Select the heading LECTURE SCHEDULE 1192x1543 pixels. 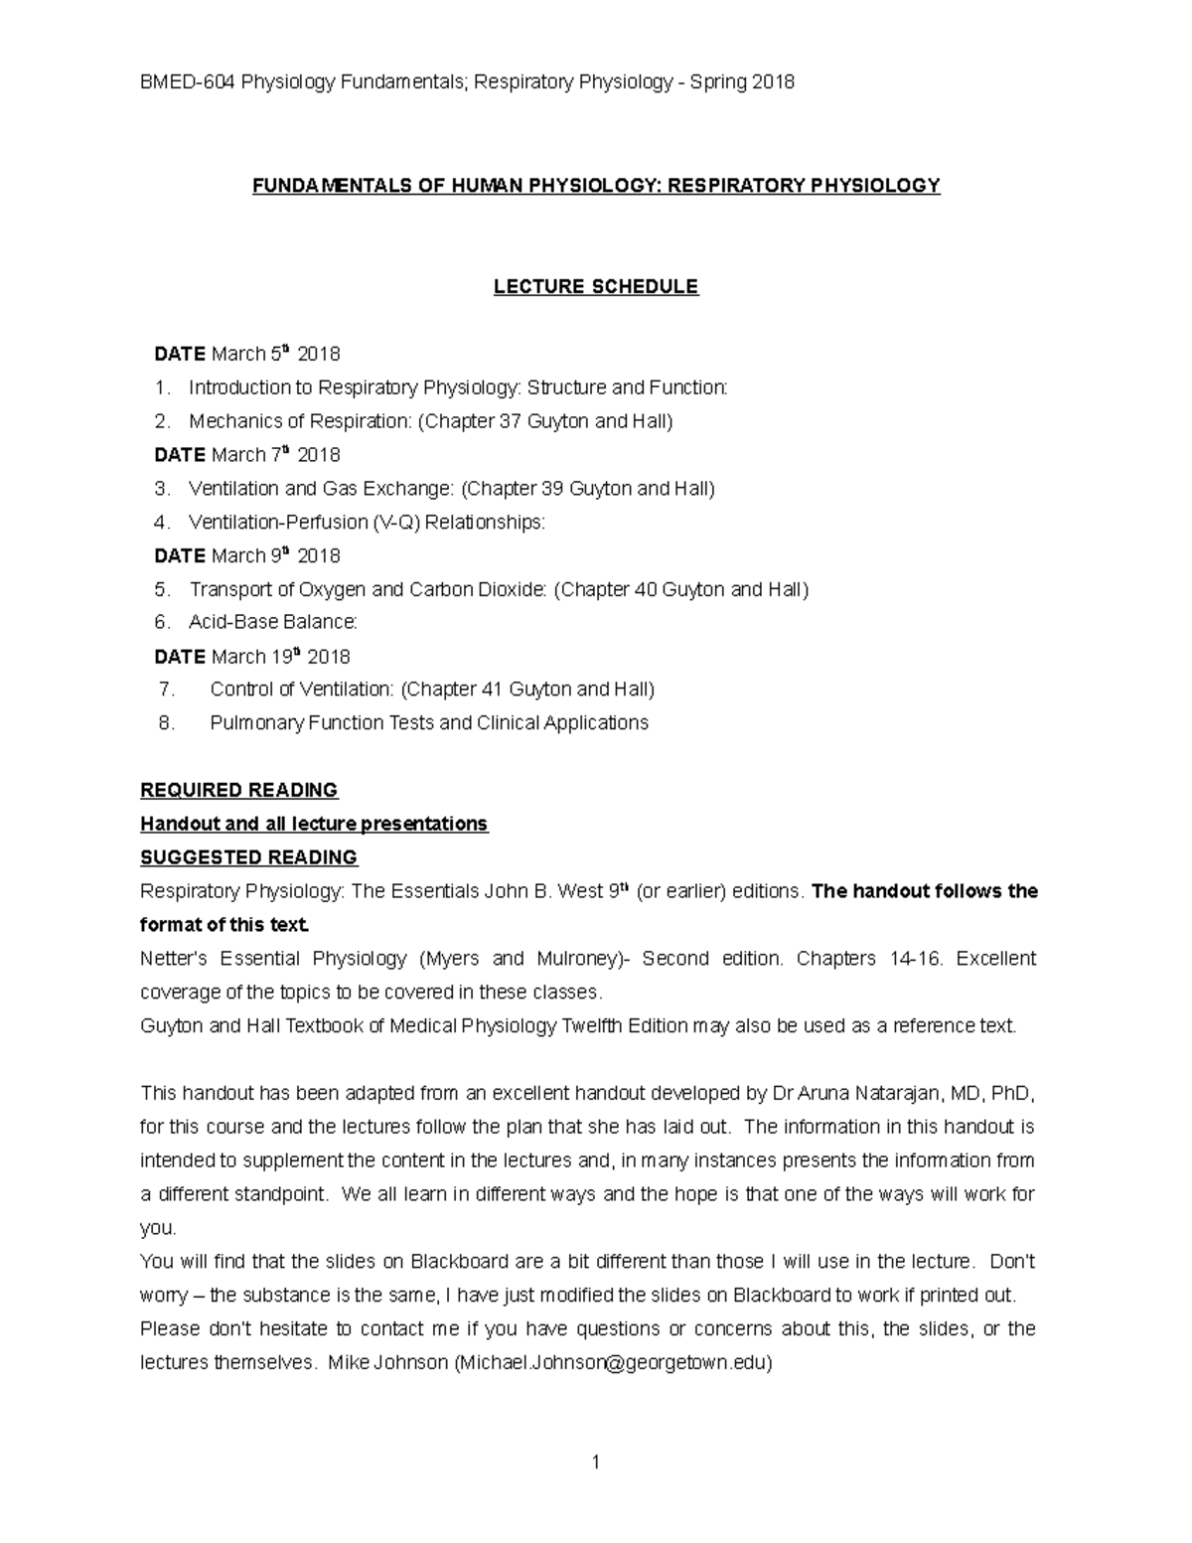click(x=596, y=287)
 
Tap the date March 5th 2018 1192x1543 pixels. click(x=275, y=355)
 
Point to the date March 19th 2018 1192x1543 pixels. click(x=280, y=657)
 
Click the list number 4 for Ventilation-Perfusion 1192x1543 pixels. click(x=162, y=523)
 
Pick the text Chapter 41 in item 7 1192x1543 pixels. click(x=449, y=690)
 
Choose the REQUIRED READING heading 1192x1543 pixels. click(x=239, y=791)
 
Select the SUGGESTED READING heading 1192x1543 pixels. click(x=248, y=857)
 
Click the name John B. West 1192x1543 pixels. click(x=542, y=891)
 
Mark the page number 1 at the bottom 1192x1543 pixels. click(x=595, y=1462)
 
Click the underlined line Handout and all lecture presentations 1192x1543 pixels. click(x=314, y=825)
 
